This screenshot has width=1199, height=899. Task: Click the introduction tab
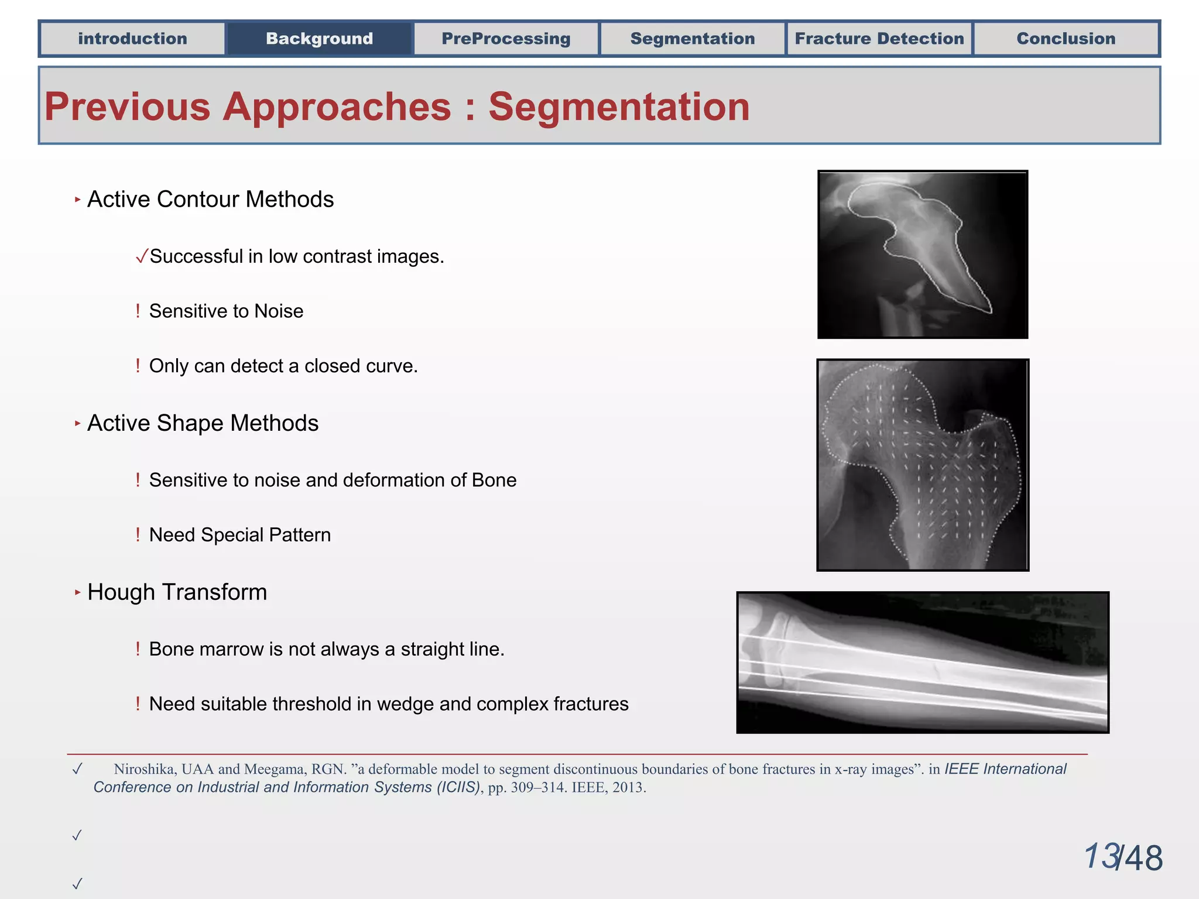click(132, 39)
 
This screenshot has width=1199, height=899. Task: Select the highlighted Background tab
click(319, 39)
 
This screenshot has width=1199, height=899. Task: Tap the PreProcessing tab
click(506, 39)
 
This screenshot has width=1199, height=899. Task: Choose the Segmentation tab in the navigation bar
click(693, 39)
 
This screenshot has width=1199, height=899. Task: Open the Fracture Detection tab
click(879, 39)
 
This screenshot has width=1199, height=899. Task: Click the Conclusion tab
click(1066, 39)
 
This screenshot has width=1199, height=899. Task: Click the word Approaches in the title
click(337, 107)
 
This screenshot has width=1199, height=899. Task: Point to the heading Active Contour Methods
click(210, 200)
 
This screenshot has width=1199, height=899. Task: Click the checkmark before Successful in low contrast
click(141, 256)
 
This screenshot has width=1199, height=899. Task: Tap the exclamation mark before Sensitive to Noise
click(138, 311)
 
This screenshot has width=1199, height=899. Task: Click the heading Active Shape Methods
click(203, 423)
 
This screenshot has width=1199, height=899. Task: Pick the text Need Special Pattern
click(239, 535)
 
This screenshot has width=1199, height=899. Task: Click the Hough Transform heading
click(177, 592)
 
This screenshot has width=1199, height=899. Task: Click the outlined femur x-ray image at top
click(922, 255)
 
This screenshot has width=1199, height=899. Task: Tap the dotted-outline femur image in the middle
click(922, 465)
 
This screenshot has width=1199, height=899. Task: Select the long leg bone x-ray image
click(922, 662)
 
